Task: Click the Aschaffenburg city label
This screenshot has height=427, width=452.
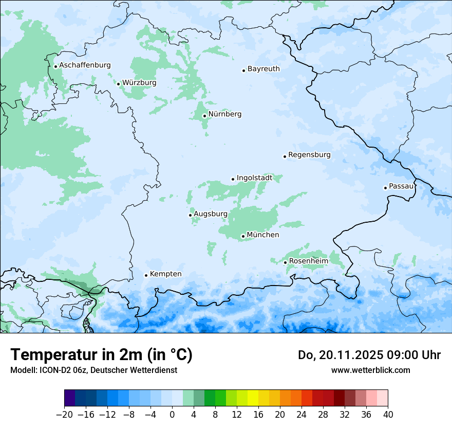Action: click(x=85, y=65)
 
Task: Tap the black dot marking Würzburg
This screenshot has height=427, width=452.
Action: click(x=118, y=84)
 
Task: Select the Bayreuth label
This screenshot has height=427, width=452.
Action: click(x=263, y=68)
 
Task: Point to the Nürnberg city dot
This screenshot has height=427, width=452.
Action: click(x=204, y=116)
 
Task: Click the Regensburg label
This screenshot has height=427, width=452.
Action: click(x=309, y=154)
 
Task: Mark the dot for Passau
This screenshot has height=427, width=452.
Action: click(x=385, y=188)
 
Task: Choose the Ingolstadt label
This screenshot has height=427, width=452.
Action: click(x=254, y=178)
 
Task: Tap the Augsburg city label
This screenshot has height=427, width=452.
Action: click(x=210, y=214)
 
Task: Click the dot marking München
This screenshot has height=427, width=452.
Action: click(x=243, y=237)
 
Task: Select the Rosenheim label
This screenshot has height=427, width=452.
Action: click(x=308, y=261)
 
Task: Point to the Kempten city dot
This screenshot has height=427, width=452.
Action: click(x=146, y=275)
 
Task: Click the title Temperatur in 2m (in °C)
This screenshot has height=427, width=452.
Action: click(x=101, y=354)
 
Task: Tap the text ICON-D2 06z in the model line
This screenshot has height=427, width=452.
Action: click(x=55, y=370)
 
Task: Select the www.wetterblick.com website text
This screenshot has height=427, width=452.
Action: click(x=370, y=370)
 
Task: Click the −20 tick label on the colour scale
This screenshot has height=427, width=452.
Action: click(x=64, y=415)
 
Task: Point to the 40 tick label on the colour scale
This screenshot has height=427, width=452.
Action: click(x=388, y=415)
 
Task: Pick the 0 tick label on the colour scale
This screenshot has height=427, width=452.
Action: click(x=172, y=415)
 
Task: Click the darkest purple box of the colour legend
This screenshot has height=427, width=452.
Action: click(x=70, y=398)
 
